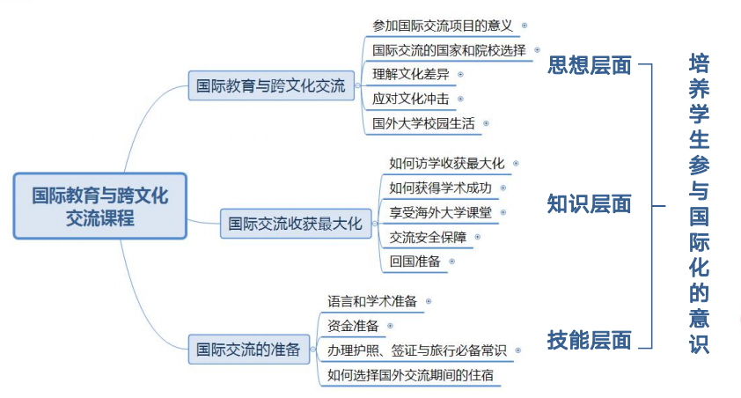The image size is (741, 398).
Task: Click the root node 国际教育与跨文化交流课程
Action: pos(99,206)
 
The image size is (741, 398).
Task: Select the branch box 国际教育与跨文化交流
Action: pos(270,87)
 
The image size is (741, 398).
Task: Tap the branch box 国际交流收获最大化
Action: pos(296,224)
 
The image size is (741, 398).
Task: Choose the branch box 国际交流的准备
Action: pos(247,349)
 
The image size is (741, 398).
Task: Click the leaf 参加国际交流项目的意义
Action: pos(441,26)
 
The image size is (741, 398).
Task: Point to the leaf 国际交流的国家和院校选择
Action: pos(449,50)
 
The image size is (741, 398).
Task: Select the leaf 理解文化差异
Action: pos(411,74)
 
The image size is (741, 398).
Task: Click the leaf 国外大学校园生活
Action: pos(423,123)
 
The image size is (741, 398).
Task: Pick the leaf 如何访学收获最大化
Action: pos(447,163)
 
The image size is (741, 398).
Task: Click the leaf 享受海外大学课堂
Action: pos(441,212)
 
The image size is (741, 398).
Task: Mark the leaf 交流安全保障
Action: pos(429,237)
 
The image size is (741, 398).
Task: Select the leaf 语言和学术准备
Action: pos(372,301)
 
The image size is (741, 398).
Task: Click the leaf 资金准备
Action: pos(353,326)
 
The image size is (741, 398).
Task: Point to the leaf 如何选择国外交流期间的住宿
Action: pos(409,375)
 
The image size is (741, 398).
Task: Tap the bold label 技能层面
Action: pos(589,340)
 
